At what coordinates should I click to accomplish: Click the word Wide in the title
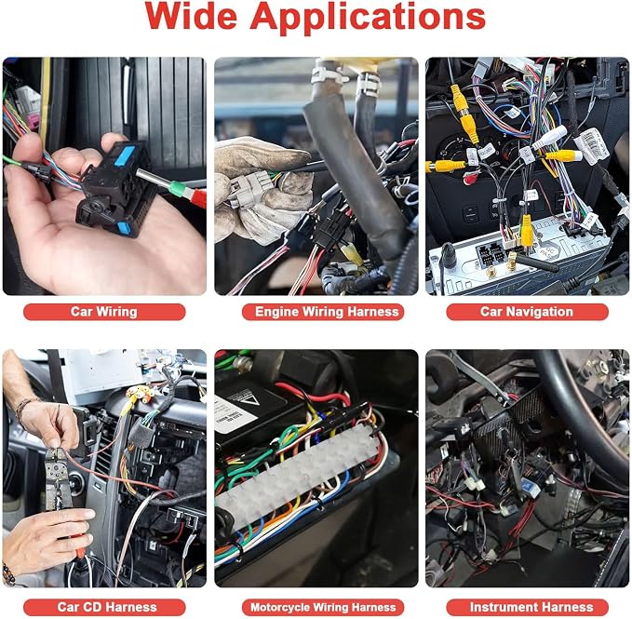click(191, 17)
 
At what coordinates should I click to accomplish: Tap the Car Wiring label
click(104, 312)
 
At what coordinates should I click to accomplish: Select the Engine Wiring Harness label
click(327, 312)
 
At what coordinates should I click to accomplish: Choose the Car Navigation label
click(527, 312)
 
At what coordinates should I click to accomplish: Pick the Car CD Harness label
click(107, 607)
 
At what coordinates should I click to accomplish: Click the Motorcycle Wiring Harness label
click(323, 607)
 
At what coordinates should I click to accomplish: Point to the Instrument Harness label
click(531, 607)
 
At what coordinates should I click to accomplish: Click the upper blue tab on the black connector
click(125, 155)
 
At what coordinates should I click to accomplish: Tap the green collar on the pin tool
click(177, 189)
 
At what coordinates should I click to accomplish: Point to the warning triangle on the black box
click(250, 400)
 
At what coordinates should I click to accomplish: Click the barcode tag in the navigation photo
click(592, 145)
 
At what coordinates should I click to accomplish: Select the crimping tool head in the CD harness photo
click(56, 467)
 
